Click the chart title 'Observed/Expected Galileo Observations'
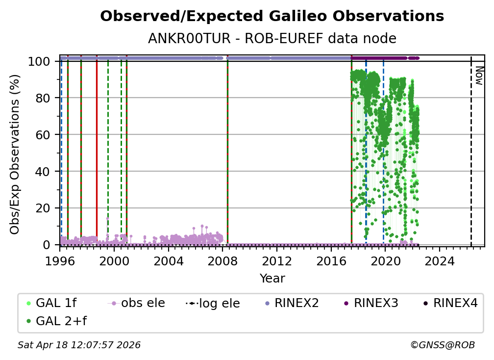coord(272,17)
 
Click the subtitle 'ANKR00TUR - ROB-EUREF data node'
coord(272,38)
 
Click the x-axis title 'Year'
coord(272,279)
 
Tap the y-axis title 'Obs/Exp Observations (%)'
coord(15,154)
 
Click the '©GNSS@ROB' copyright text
coord(443,345)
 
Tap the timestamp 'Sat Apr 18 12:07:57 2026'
coord(79,345)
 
